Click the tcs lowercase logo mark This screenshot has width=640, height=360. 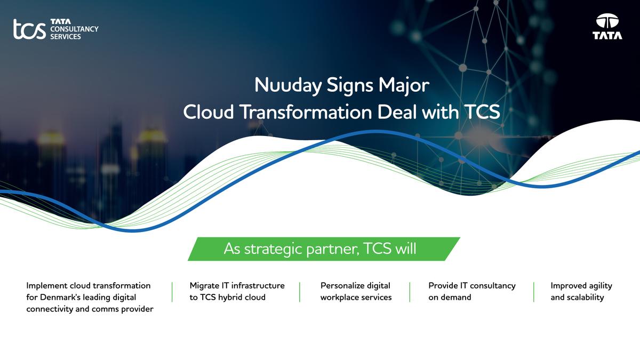29,29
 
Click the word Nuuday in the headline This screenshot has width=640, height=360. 288,86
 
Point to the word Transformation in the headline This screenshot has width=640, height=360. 307,111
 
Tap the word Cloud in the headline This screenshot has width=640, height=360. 209,111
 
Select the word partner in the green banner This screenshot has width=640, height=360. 333,249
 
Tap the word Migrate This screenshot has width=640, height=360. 204,286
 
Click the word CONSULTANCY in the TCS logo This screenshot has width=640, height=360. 74,29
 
